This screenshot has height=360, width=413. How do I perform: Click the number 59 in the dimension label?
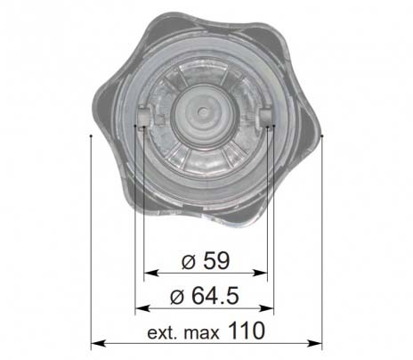(216, 260)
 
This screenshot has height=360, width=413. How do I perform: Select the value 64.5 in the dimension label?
(215, 296)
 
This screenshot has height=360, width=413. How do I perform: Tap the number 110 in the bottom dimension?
(247, 331)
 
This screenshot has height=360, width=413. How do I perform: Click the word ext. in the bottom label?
(162, 333)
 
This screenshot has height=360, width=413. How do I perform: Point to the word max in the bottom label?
(201, 334)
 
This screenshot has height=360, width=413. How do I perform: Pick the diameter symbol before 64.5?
(177, 297)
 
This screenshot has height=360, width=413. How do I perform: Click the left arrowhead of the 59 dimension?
(151, 273)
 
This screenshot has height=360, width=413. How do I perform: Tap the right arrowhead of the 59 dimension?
(260, 273)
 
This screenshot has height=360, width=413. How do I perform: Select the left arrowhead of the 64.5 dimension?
(142, 308)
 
